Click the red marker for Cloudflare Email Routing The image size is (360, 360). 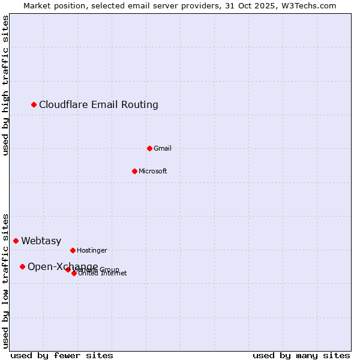coord(34,105)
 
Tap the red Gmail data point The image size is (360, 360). coord(149,148)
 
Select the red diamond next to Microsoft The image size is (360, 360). coord(134,171)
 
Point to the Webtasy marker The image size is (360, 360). coord(16,241)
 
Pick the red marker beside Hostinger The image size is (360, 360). coord(73,250)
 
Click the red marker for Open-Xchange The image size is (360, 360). coord(22,266)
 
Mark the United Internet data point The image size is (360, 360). coord(74,273)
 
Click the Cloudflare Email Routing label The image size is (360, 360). coord(98,105)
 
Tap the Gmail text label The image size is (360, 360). coord(163,148)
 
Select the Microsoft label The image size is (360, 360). coord(152,171)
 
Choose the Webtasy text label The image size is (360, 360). coord(41,241)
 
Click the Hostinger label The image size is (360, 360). coord(92,250)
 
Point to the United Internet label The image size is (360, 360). coord(103,274)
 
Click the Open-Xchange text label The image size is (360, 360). coord(62,266)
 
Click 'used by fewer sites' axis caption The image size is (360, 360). coord(62,355)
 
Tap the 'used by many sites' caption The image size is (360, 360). coord(301,355)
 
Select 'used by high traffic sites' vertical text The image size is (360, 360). coord(6,85)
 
